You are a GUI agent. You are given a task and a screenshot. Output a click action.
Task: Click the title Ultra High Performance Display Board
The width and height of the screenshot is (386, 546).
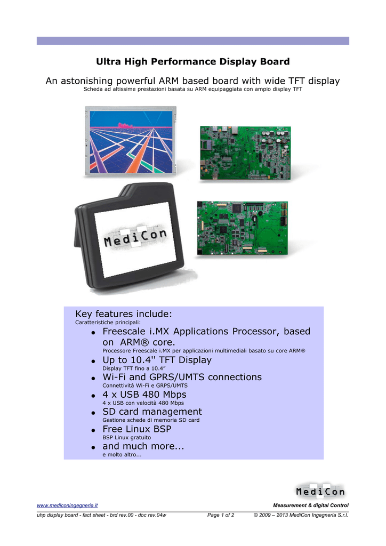point(193,62)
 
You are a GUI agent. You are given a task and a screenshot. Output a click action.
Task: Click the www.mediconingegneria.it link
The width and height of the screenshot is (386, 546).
point(67,505)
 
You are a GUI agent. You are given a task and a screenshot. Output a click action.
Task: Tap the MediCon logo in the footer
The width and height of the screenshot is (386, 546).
point(320,491)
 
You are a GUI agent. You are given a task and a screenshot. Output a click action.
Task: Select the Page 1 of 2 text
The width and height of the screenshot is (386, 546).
point(221,515)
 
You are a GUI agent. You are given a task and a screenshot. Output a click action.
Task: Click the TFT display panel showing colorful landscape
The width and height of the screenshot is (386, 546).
point(131,141)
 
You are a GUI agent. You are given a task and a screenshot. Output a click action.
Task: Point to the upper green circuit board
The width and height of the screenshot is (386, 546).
point(245,153)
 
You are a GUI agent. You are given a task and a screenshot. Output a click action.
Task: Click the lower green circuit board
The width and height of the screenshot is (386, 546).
point(243,228)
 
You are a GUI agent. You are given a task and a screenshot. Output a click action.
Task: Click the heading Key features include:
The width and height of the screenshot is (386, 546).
point(124,314)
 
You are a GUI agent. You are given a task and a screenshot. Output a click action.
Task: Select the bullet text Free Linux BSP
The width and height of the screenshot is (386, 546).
point(137,429)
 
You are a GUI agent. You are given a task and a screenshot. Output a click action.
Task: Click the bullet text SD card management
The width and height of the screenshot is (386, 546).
point(152,412)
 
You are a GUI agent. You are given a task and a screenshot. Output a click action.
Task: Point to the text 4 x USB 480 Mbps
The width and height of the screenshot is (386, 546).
point(144,395)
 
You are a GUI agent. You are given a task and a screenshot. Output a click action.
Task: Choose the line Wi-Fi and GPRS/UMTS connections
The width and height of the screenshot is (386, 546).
point(182,377)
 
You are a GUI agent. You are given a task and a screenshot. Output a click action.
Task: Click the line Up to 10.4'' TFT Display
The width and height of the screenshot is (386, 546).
point(157,360)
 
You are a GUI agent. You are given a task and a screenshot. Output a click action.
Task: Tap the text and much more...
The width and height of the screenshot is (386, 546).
point(143,446)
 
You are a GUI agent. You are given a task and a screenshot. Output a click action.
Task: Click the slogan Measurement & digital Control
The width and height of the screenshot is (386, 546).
point(311,505)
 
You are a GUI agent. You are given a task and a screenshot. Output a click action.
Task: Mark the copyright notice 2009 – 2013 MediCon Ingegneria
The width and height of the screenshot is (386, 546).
point(301,515)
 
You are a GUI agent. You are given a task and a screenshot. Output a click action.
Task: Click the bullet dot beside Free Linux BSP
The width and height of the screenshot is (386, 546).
point(93,430)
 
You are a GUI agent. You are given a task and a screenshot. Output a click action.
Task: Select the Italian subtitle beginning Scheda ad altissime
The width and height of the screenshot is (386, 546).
point(193,89)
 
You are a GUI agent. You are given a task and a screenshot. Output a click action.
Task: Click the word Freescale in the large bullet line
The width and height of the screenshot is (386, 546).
point(124,331)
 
